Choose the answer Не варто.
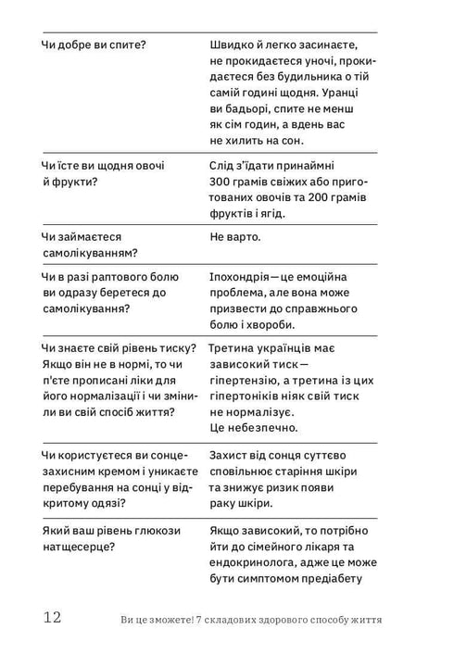click(x=235, y=237)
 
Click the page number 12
click(x=51, y=618)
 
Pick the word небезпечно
click(x=262, y=429)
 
